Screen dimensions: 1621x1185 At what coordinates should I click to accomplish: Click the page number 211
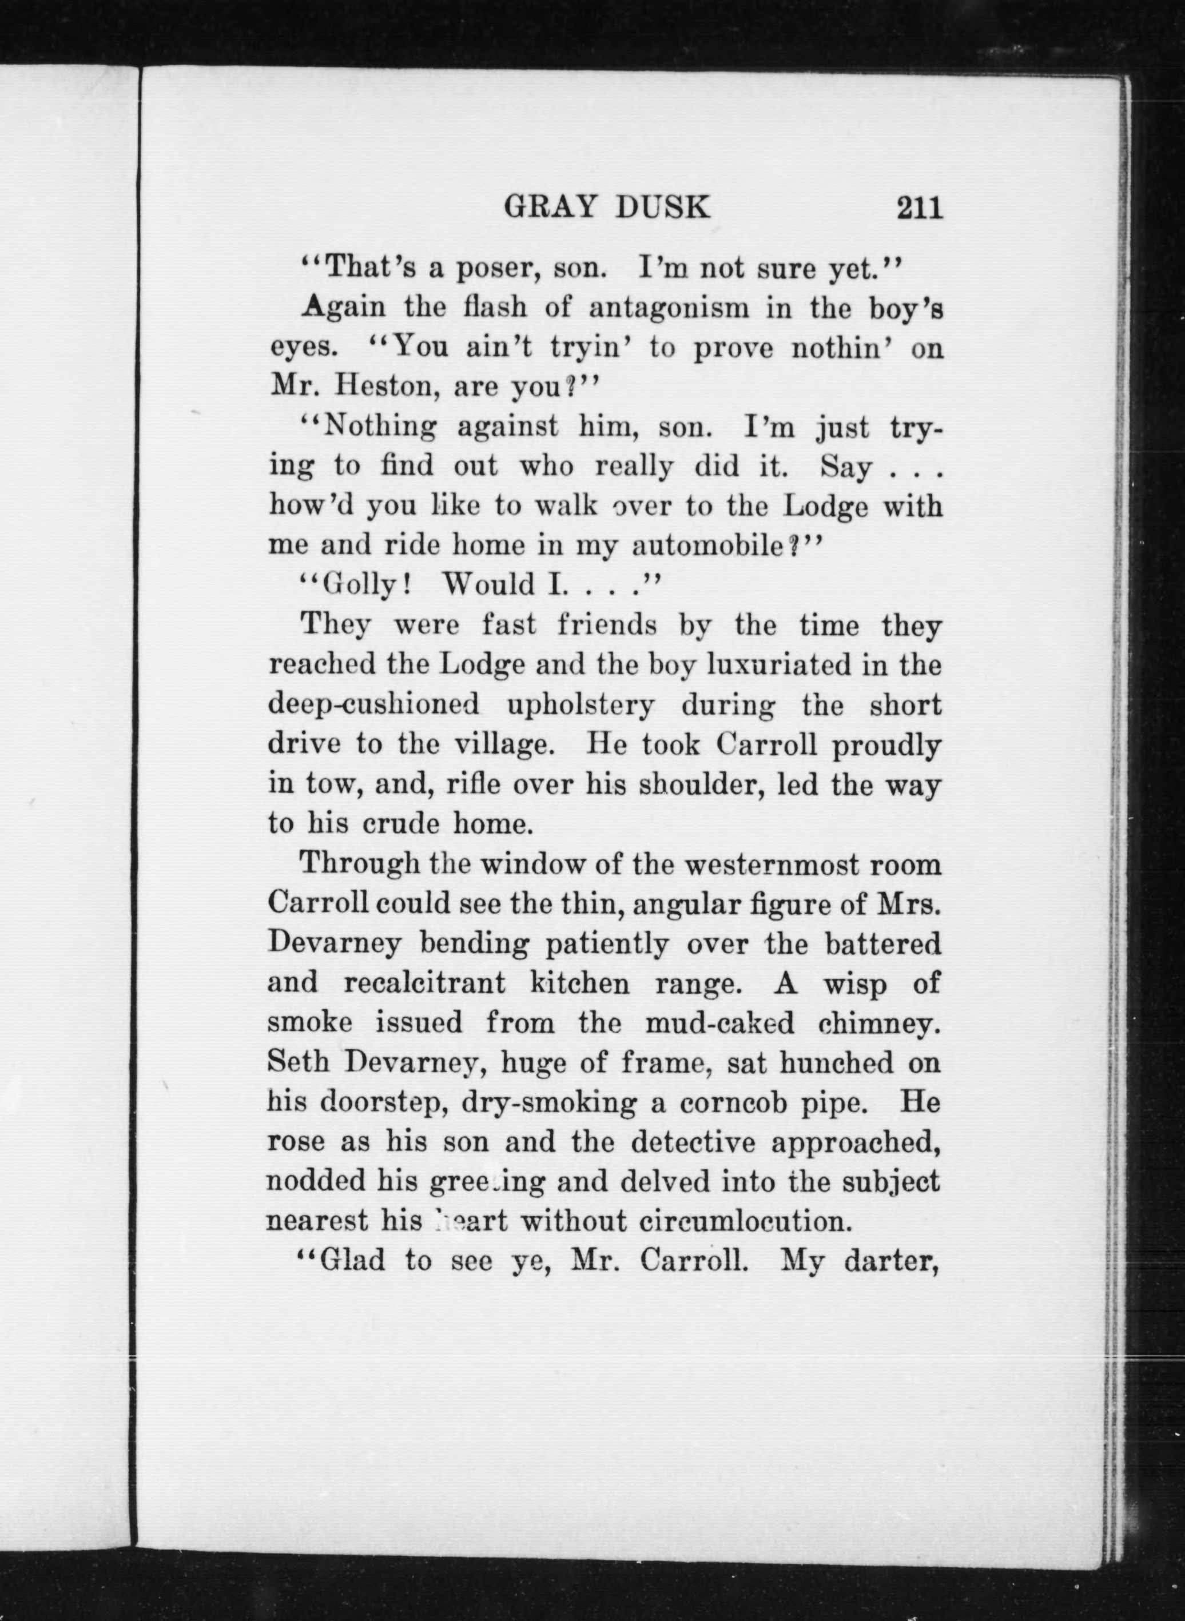click(x=917, y=208)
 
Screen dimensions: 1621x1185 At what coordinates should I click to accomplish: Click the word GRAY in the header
click(x=550, y=208)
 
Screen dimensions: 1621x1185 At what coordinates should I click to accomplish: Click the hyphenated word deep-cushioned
click(x=373, y=706)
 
